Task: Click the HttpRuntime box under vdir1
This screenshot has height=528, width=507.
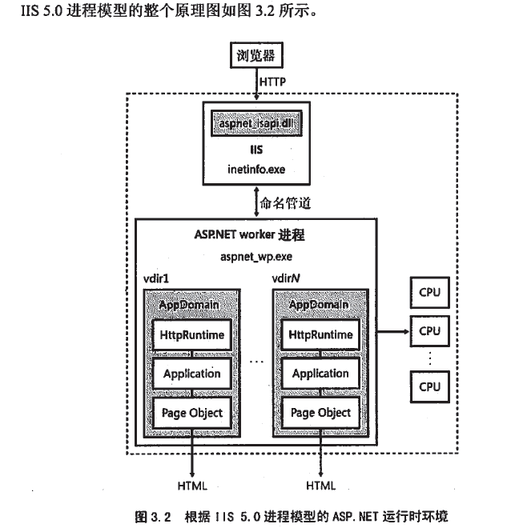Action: click(x=191, y=334)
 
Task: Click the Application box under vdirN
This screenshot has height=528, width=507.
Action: click(x=320, y=374)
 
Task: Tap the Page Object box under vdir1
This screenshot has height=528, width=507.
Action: click(x=191, y=413)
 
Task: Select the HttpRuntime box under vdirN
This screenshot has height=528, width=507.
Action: click(x=320, y=334)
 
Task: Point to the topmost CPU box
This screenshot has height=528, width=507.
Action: click(x=430, y=291)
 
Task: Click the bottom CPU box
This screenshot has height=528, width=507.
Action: click(x=430, y=386)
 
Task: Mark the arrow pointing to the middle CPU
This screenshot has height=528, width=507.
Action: click(x=392, y=330)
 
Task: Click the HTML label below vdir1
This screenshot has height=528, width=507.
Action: click(x=191, y=486)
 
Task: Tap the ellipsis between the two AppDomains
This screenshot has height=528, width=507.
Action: click(x=256, y=362)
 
